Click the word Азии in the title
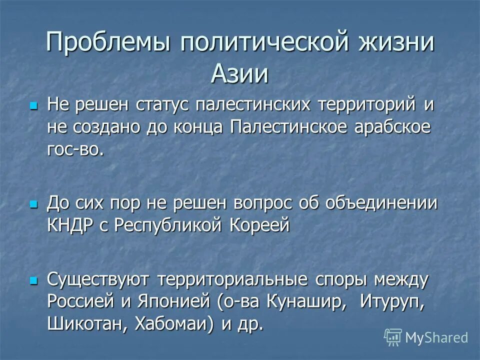239,74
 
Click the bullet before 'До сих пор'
34,205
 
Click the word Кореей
260,225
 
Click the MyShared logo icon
393,337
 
